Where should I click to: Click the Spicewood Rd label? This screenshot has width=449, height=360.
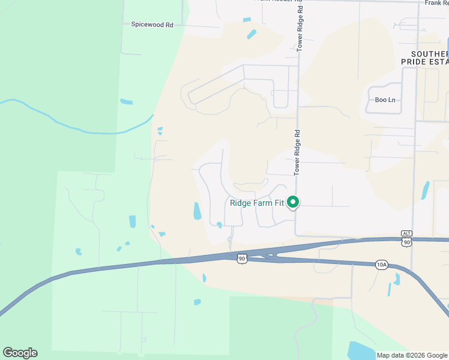152,25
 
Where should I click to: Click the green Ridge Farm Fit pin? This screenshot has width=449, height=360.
293,203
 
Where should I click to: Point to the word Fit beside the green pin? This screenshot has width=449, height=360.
280,203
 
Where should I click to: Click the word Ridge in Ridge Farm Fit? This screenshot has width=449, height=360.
241,203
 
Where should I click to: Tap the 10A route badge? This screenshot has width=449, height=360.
382,263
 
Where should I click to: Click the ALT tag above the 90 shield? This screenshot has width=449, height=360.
408,233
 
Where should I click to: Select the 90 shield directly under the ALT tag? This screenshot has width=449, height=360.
408,241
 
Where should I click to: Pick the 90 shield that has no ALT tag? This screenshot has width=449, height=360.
241,259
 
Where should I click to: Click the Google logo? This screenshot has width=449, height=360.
20,353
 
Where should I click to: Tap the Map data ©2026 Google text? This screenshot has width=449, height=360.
412,355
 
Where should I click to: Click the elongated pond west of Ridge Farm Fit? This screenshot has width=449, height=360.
197,211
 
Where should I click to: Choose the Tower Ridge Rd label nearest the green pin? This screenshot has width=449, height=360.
297,153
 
